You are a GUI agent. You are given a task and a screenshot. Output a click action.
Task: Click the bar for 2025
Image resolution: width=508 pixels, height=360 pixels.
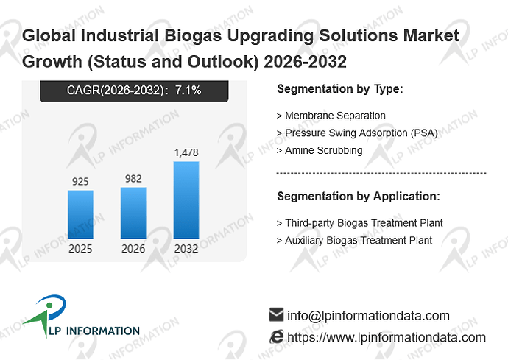pyautogui.click(x=80, y=214)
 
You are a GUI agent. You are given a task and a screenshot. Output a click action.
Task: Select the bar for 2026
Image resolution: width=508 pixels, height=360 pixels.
pyautogui.click(x=133, y=213)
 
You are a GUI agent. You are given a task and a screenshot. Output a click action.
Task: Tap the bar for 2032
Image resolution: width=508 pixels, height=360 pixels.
pyautogui.click(x=186, y=200)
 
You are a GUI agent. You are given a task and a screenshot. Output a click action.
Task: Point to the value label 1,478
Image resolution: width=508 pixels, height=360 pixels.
pyautogui.click(x=186, y=152)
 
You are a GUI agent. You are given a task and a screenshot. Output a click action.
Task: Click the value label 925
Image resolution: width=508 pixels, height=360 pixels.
pyautogui.click(x=80, y=181)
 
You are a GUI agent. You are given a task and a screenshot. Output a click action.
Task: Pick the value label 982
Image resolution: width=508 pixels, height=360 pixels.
pyautogui.click(x=133, y=179)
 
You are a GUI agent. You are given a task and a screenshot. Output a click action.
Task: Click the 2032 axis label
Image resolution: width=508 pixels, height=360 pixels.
pyautogui.click(x=186, y=249)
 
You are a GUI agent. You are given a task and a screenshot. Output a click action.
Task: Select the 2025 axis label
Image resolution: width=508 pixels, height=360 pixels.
pyautogui.click(x=80, y=249)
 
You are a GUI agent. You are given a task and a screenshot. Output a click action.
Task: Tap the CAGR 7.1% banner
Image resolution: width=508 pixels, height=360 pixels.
pyautogui.click(x=134, y=91)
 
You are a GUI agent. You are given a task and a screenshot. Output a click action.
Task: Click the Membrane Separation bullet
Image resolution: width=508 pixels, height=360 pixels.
pyautogui.click(x=331, y=116)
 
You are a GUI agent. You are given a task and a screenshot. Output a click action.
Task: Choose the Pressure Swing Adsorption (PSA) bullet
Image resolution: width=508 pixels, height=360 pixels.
pyautogui.click(x=357, y=133)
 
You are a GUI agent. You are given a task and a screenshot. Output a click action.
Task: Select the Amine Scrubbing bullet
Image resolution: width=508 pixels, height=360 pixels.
pyautogui.click(x=320, y=151)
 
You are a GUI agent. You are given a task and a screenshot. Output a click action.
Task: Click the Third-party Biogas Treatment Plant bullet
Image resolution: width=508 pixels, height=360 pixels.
pyautogui.click(x=359, y=223)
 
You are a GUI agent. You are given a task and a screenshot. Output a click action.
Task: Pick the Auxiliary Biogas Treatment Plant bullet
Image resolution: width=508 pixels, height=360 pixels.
pyautogui.click(x=354, y=241)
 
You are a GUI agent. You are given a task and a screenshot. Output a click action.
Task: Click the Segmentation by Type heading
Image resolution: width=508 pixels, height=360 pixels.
pyautogui.click(x=340, y=89)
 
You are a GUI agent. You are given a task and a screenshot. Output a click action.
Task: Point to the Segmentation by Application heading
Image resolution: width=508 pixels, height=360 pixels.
pyautogui.click(x=359, y=197)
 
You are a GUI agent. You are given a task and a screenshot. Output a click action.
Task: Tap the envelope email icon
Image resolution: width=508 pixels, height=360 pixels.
pyautogui.click(x=276, y=314)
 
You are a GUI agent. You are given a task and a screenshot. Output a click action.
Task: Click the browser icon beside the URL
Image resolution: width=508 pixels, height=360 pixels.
pyautogui.click(x=276, y=336)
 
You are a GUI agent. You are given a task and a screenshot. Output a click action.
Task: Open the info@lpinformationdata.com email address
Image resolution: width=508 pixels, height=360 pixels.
pyautogui.click(x=368, y=316)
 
